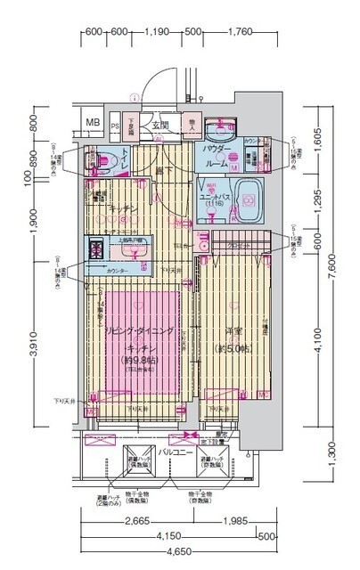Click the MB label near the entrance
tap(93, 122)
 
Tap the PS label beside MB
tap(116, 125)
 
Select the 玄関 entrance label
tap(160, 125)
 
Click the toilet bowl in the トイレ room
tap(95, 161)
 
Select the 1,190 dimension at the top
tap(157, 34)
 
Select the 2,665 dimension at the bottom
tap(135, 521)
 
